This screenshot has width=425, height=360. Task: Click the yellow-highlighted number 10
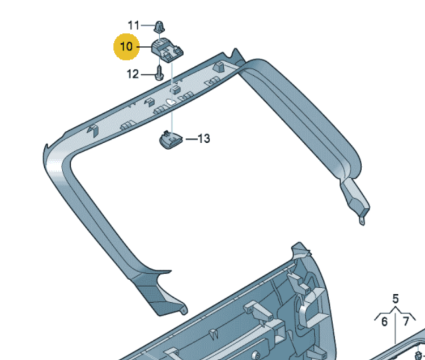point(126,46)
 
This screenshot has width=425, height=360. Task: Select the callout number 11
point(134,25)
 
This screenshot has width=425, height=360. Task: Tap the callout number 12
point(133,74)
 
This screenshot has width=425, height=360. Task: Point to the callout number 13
point(203,138)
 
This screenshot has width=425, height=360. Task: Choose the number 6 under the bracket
point(384,322)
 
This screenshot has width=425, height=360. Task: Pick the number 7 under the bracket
point(406,322)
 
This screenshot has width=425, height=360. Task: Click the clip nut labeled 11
point(160,26)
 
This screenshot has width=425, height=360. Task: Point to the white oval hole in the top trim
point(169,102)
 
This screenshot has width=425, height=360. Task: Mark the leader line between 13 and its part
point(189,138)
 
